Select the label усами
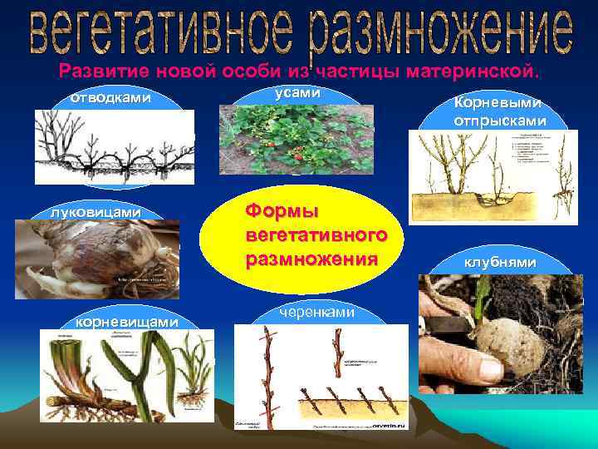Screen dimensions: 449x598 coord(297,94)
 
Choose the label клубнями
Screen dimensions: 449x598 coord(500,263)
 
